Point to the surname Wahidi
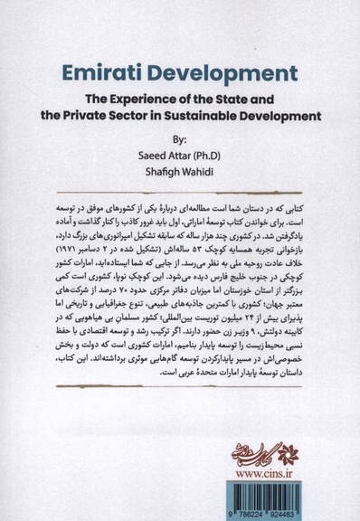(204, 172)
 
